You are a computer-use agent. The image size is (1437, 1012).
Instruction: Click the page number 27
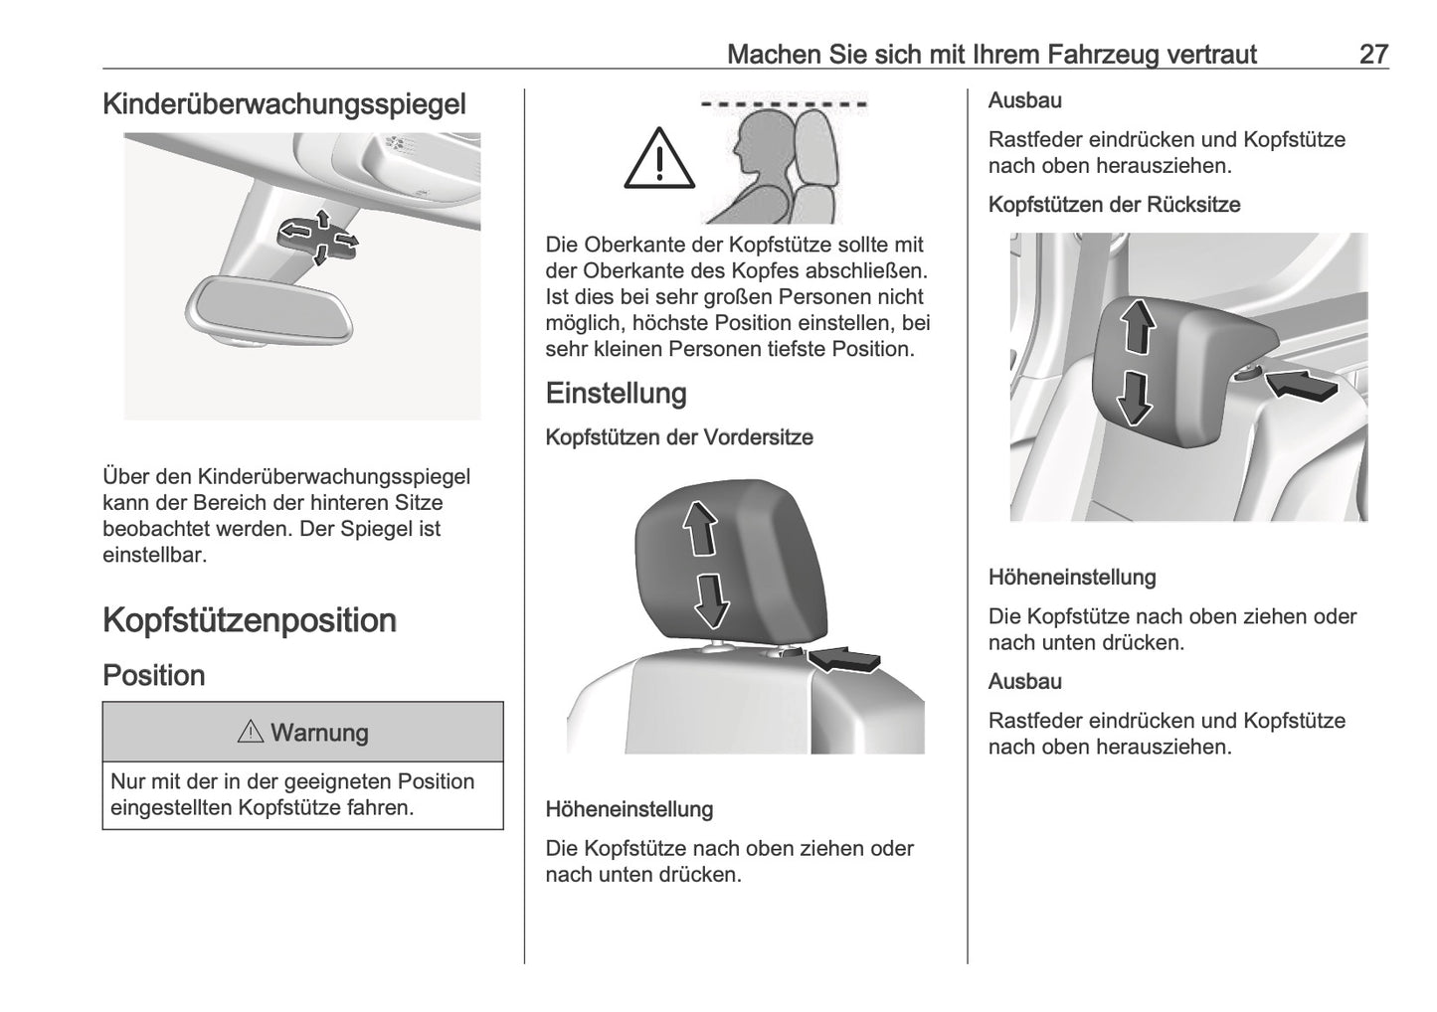(1372, 54)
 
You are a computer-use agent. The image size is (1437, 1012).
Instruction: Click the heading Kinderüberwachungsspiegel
(284, 104)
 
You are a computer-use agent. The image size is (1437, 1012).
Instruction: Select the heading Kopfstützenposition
(250, 620)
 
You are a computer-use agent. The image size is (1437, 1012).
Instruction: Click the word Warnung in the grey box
(319, 733)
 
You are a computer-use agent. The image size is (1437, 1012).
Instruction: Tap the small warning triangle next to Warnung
(250, 733)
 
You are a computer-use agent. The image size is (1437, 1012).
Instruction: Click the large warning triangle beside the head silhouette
(659, 159)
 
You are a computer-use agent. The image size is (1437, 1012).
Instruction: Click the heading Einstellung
(616, 394)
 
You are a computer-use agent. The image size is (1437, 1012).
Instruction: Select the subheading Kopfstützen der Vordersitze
(679, 437)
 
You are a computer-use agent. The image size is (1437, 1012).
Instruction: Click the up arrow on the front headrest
(702, 527)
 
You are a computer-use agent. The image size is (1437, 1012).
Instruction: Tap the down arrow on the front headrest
(710, 599)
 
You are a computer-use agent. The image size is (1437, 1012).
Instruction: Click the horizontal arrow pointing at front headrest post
(844, 657)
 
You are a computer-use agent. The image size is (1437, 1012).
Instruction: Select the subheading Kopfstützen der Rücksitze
(1114, 205)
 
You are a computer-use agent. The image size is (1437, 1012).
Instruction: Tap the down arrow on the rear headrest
(1134, 396)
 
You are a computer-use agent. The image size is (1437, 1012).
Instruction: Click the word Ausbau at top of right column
(1024, 100)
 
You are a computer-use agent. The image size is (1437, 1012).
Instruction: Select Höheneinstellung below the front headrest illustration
(629, 809)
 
